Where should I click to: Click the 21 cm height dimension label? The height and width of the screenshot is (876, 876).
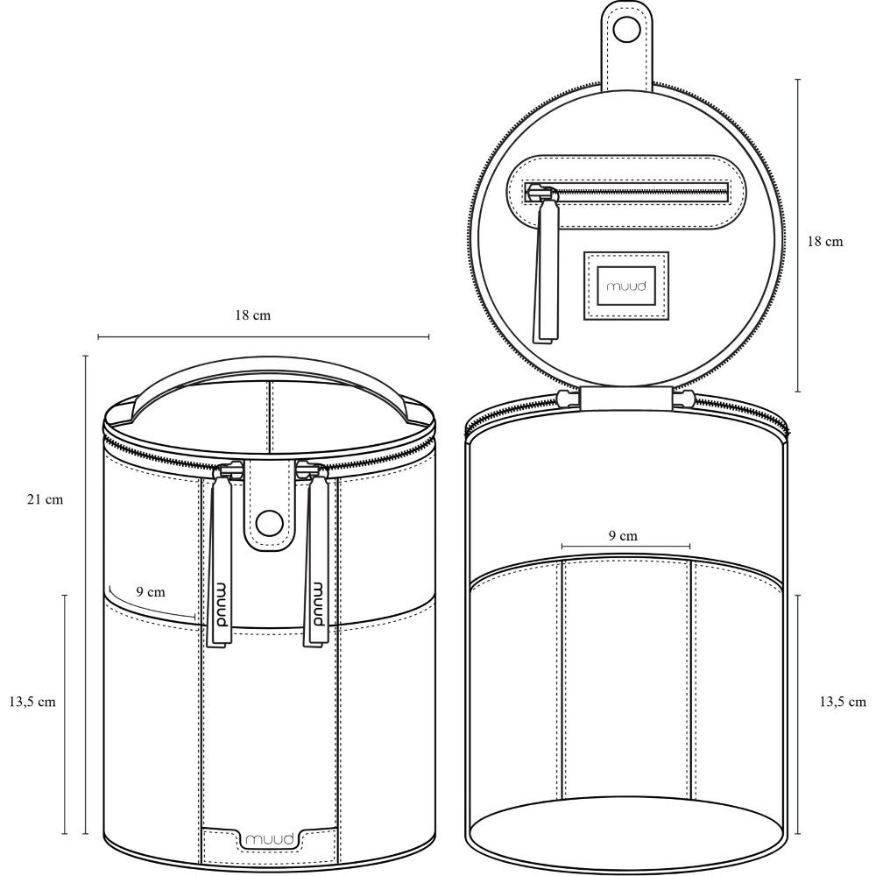coord(46,499)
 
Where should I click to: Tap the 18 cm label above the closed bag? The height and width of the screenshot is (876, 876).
coord(252,315)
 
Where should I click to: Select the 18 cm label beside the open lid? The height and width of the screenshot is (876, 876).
coord(824,242)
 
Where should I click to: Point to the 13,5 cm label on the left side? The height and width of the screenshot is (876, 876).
coord(32,702)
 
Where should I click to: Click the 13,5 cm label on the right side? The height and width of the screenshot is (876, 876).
coord(843,702)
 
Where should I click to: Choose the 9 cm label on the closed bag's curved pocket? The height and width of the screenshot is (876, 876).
coord(151,591)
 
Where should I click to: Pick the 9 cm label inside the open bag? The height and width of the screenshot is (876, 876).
coord(623,536)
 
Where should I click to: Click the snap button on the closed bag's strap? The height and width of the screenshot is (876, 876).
coord(269,522)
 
